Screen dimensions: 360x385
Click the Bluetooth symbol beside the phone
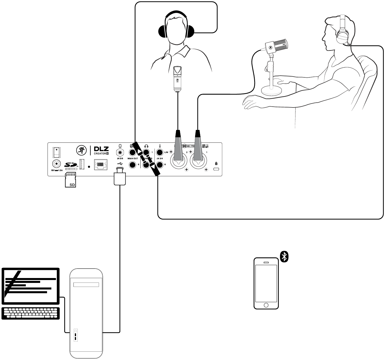pos(284,257)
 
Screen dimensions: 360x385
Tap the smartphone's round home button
pos(266,305)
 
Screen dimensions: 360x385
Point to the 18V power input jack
pos(57,164)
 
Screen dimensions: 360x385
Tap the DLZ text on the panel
pos(102,149)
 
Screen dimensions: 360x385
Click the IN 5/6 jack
pos(120,152)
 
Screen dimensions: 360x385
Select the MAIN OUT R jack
pos(133,165)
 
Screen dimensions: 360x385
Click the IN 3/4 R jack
pos(160,165)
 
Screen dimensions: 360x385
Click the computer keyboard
pos(31,313)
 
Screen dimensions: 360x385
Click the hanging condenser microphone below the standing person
pos(178,79)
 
